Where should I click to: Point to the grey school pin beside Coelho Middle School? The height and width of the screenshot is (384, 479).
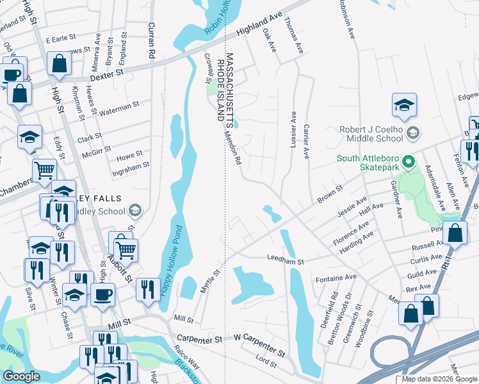[x=414, y=132]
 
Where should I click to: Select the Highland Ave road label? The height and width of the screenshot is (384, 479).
[x=259, y=24]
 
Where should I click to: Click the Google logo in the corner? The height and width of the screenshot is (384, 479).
[x=21, y=376]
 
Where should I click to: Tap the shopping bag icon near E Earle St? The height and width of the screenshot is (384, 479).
[x=59, y=63]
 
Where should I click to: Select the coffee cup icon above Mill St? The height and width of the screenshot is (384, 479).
[x=102, y=294]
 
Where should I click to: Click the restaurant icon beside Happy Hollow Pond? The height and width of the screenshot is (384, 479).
[x=147, y=289]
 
